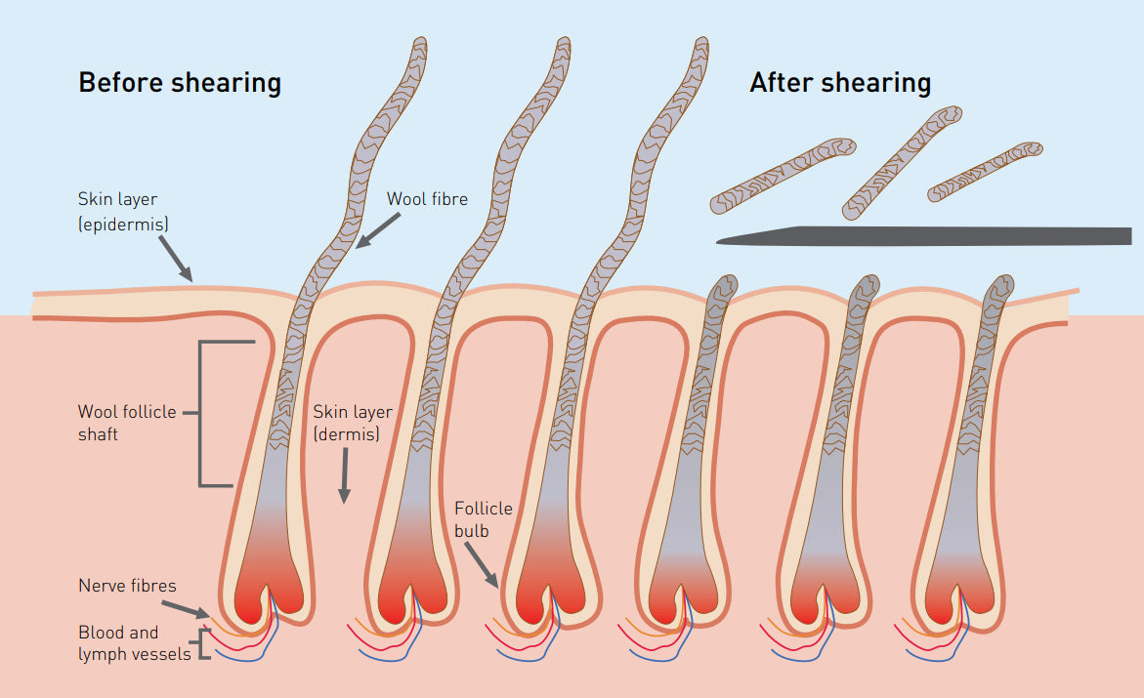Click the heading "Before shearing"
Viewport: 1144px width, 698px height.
(x=180, y=82)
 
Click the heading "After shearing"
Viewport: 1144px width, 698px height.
(x=840, y=82)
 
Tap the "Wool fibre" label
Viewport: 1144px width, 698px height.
(x=427, y=199)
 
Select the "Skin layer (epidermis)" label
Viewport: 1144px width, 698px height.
(x=122, y=212)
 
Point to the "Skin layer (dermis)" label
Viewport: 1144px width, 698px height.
(x=353, y=423)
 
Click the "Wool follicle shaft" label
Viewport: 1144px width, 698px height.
(x=127, y=423)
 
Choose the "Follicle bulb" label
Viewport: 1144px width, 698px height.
(x=483, y=519)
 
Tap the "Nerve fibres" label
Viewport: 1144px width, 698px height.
(x=127, y=586)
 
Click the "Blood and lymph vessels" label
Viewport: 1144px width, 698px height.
(x=134, y=643)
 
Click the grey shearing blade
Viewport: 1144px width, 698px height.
(x=923, y=235)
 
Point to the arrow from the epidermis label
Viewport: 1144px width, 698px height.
(x=176, y=259)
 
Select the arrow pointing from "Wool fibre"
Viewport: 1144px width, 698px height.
(x=377, y=230)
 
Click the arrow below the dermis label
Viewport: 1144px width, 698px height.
(x=344, y=475)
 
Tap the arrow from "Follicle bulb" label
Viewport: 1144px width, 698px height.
(x=482, y=565)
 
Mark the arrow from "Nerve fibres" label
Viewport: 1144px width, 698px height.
(x=186, y=610)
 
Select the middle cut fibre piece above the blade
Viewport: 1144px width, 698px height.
(x=902, y=163)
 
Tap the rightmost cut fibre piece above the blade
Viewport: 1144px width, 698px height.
(x=985, y=172)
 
